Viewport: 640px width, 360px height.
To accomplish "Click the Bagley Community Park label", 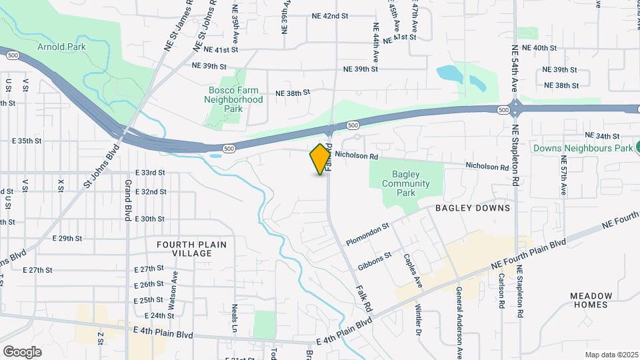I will click(x=405, y=183).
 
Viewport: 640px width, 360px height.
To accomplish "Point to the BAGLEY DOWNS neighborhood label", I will click(x=473, y=208).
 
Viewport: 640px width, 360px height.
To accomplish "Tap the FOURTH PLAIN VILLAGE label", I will click(x=191, y=249).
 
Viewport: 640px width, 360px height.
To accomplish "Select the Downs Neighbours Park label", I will click(x=581, y=147).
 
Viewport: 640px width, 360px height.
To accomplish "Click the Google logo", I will click(x=22, y=351).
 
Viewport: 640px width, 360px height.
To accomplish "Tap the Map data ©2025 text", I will click(x=611, y=354).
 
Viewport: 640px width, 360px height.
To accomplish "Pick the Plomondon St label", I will click(x=366, y=235).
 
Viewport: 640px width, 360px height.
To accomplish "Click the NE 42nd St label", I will click(x=330, y=15).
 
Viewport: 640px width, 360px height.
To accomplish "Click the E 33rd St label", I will click(x=149, y=172).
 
